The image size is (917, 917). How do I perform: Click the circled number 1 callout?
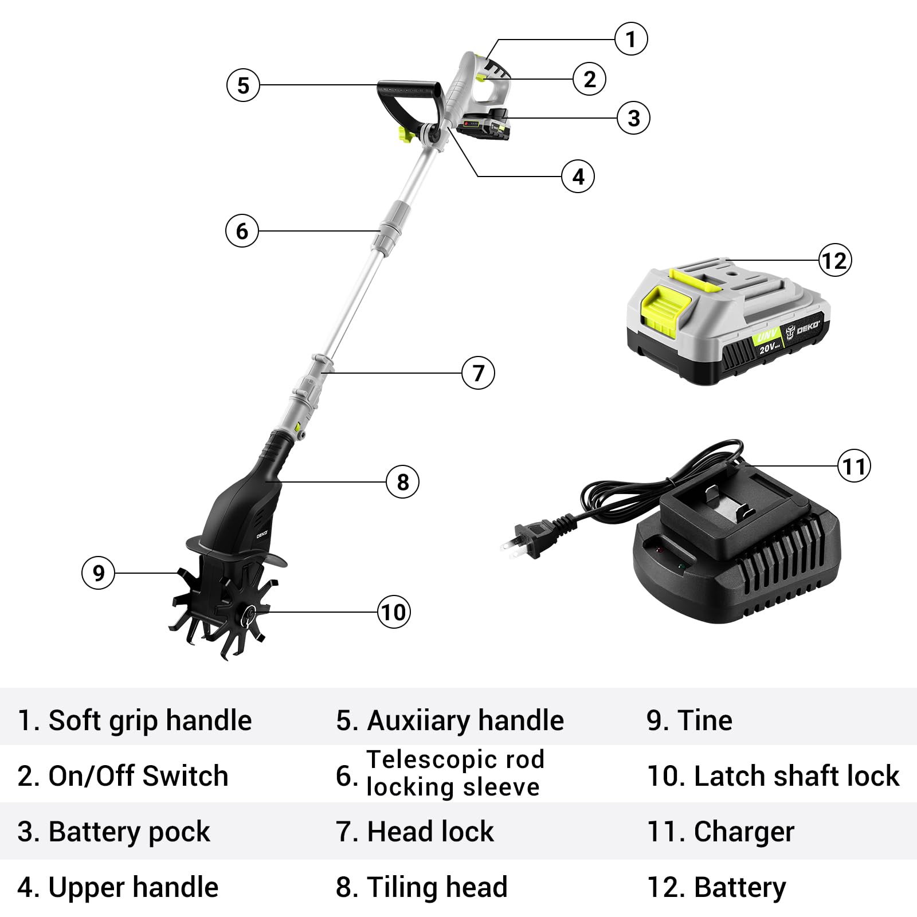coord(631,39)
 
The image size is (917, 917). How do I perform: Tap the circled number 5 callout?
coord(244,85)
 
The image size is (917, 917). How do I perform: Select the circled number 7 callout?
coord(478,373)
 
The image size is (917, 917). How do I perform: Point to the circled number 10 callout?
coord(394,612)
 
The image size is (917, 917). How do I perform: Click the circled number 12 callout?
coord(834,261)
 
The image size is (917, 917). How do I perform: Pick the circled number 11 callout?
coord(854,466)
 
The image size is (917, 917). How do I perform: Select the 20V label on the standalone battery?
coord(770,345)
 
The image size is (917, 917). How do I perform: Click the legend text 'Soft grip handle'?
coord(135,720)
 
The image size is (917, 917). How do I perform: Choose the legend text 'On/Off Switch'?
coord(123,776)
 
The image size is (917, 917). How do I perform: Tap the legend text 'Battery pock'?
coord(114,832)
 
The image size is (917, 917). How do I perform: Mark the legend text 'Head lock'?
coord(415,832)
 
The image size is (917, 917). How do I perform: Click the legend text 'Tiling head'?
coord(422,887)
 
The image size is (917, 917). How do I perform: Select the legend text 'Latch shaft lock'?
coord(773,776)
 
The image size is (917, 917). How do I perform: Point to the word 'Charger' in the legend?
coord(744,832)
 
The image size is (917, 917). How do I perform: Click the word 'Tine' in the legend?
coord(704,720)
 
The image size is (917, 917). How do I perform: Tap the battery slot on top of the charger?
coord(728,507)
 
